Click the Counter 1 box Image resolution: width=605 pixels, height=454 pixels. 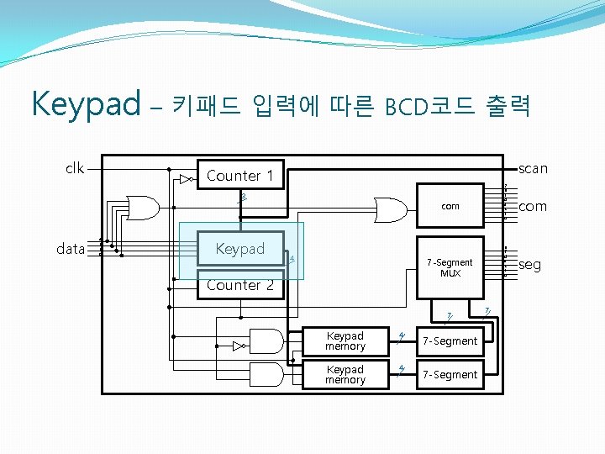point(240,175)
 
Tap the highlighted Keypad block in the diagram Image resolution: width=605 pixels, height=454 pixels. point(240,249)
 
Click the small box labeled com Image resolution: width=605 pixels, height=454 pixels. point(450,206)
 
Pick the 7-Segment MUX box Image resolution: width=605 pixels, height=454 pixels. point(450,267)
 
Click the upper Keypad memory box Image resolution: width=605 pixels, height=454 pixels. point(345,340)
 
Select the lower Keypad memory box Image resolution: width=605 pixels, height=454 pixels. point(345,374)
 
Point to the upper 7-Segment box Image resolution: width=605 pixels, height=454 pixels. point(450,340)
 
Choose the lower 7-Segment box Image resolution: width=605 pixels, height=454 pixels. point(450,374)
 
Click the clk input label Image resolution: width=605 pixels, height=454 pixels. point(75,168)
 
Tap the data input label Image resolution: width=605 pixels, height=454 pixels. point(71,249)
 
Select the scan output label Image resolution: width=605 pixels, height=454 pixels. point(533,168)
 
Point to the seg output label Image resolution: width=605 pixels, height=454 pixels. point(530,265)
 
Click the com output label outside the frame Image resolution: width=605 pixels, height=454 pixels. point(532,206)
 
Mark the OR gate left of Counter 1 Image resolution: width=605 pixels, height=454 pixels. point(143,206)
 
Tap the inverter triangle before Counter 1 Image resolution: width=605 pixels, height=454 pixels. point(185,179)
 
